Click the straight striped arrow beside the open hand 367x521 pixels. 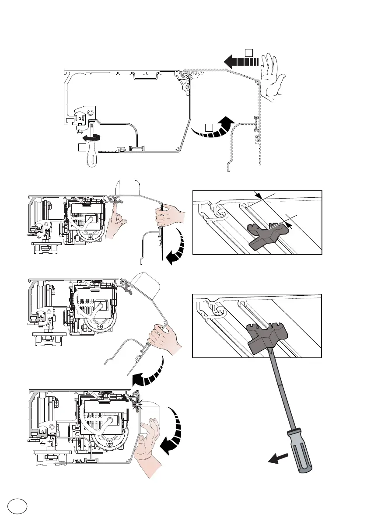[239, 62]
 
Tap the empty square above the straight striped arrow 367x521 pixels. [248, 53]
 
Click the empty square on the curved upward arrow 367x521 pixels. [209, 127]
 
